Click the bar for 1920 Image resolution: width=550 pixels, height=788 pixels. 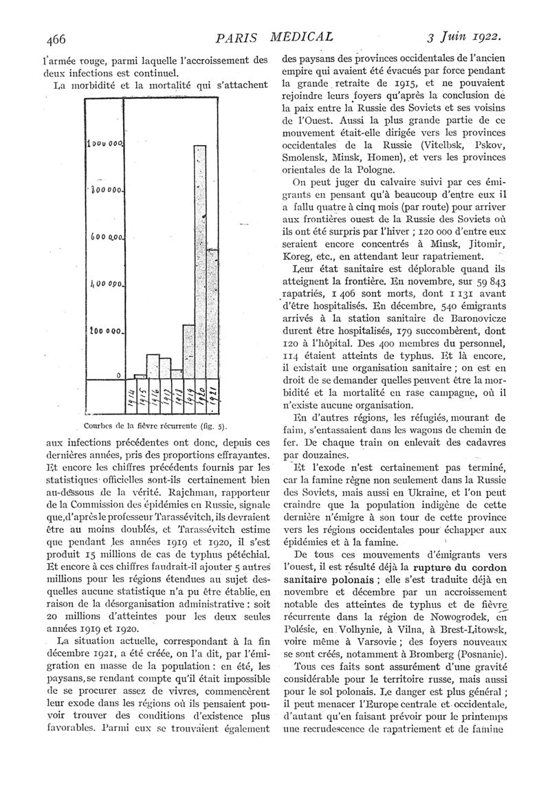tap(200, 261)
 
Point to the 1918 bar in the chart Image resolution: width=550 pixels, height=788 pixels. tap(176, 369)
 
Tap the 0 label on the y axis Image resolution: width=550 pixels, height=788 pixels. tap(118, 375)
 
